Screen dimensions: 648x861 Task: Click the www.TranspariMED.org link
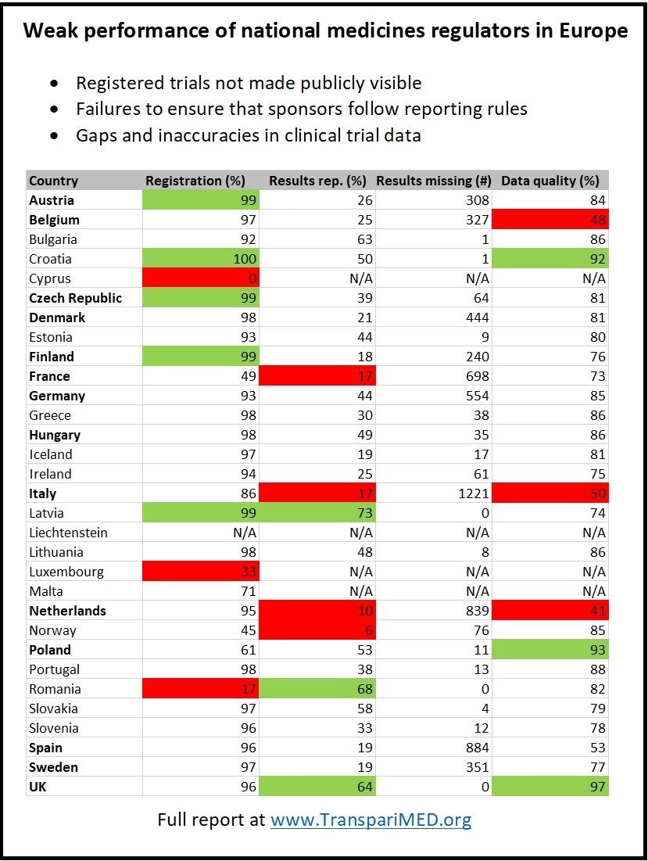click(371, 820)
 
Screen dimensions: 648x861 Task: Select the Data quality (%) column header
click(550, 181)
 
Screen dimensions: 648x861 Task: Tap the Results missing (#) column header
click(434, 181)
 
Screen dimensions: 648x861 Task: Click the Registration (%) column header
click(195, 181)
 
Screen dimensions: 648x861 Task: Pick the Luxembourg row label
click(66, 572)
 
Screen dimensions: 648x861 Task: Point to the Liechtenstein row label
click(68, 533)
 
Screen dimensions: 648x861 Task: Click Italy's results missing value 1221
click(474, 493)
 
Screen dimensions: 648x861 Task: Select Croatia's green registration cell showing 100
click(201, 259)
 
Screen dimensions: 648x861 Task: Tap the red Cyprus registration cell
click(201, 278)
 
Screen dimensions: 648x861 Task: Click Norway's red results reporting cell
click(317, 630)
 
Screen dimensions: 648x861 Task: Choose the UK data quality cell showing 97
click(550, 787)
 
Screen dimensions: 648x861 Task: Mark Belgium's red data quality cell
click(550, 220)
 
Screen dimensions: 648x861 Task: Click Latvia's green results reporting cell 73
click(317, 513)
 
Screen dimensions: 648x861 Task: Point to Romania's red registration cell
click(201, 689)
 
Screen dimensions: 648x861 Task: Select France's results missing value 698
click(477, 376)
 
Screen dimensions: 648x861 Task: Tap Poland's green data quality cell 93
click(550, 650)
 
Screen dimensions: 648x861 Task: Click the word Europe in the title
click(593, 30)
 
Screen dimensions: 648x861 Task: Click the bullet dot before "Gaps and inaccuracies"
click(54, 135)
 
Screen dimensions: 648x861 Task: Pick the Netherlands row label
click(67, 611)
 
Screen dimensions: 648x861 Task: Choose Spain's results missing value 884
click(477, 748)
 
